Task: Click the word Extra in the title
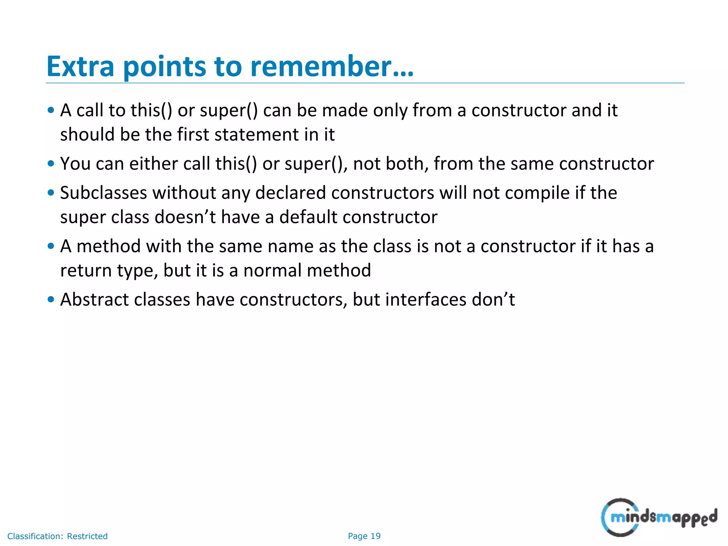tap(80, 66)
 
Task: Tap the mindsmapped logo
tap(659, 518)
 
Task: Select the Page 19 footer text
tap(364, 536)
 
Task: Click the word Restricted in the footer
tap(87, 536)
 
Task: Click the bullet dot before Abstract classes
tap(51, 299)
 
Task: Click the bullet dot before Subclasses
tap(51, 193)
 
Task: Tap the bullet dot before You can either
tap(51, 164)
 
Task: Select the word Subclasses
tap(103, 193)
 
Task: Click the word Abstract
tap(94, 299)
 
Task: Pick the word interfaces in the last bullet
tap(426, 299)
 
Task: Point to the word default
tap(308, 217)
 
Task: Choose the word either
tap(154, 164)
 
